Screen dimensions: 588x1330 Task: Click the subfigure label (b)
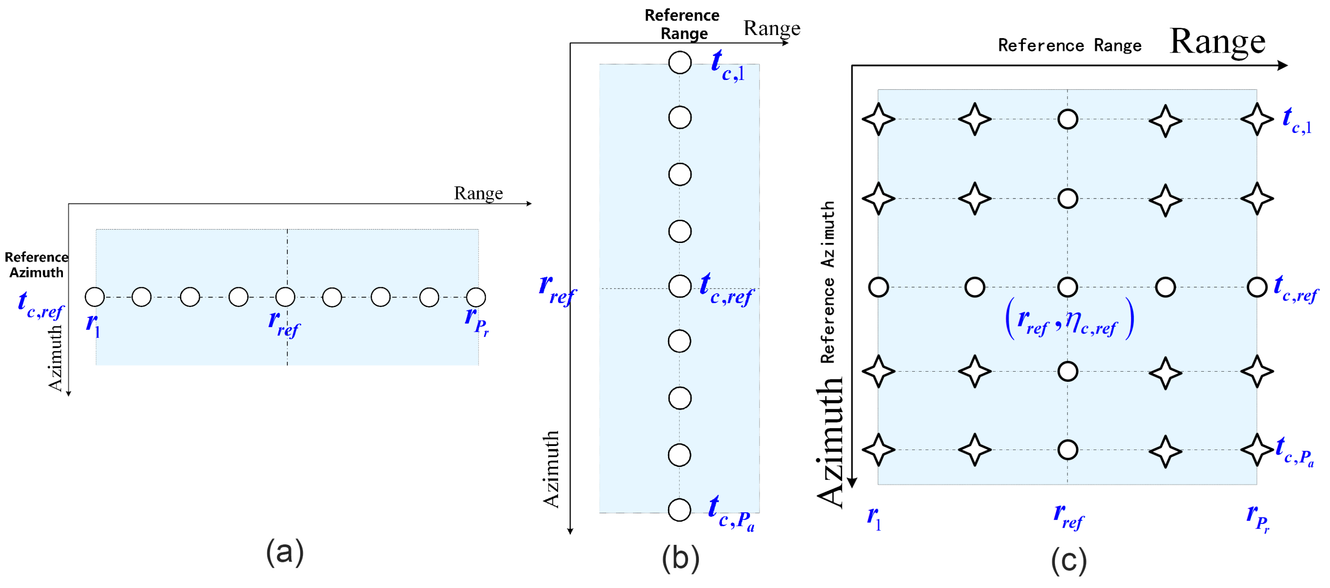tap(680, 558)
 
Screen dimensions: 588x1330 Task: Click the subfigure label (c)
tap(1069, 561)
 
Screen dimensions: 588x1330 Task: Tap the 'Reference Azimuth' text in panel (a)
tap(36, 265)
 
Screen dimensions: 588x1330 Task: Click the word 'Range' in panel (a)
tap(478, 193)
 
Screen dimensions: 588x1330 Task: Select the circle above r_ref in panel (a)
tap(285, 297)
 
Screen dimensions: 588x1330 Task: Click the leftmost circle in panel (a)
tap(95, 297)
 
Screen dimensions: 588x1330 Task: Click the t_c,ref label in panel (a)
tap(40, 306)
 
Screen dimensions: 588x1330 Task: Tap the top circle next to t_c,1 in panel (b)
tap(680, 62)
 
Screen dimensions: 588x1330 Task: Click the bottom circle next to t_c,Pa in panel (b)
tap(680, 510)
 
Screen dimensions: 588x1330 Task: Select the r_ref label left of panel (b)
tap(556, 289)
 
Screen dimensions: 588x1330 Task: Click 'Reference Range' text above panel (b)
tap(683, 24)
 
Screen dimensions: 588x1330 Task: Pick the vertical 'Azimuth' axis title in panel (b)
tap(551, 469)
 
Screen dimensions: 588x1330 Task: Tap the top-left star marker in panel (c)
tap(878, 119)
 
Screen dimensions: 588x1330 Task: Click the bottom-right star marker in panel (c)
tap(1257, 449)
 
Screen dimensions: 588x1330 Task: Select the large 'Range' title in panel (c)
tap(1218, 41)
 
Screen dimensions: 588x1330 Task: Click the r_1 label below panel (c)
tap(874, 517)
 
